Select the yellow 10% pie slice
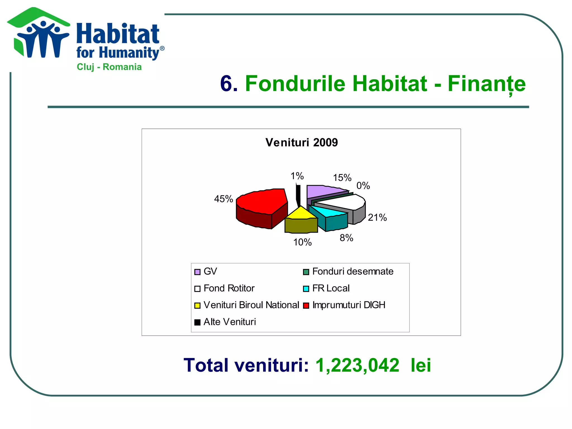pyautogui.click(x=300, y=214)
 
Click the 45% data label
pyautogui.click(x=223, y=199)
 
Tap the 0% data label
pyautogui.click(x=363, y=186)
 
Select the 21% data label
pyautogui.click(x=377, y=217)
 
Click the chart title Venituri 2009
pyautogui.click(x=301, y=142)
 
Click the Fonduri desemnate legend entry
pyautogui.click(x=352, y=271)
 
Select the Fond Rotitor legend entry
pyautogui.click(x=229, y=288)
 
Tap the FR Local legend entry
pyautogui.click(x=331, y=288)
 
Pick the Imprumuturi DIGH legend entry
pyautogui.click(x=349, y=305)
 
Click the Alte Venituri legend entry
pyautogui.click(x=229, y=322)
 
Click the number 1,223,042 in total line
pyautogui.click(x=357, y=365)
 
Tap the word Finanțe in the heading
pyautogui.click(x=487, y=84)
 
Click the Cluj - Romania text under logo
pyautogui.click(x=109, y=67)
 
